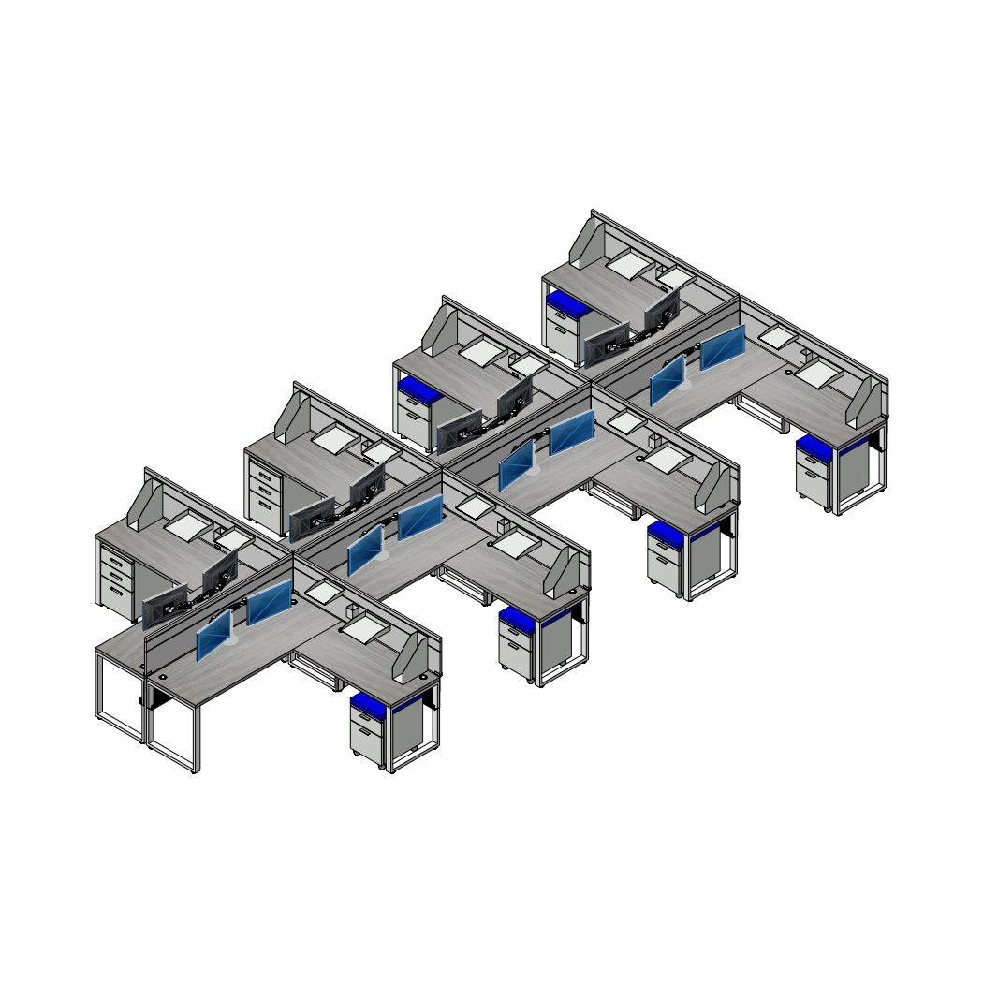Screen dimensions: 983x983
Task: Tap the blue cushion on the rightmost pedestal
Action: pyautogui.click(x=814, y=447)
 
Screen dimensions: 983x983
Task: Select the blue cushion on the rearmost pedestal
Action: pyautogui.click(x=565, y=302)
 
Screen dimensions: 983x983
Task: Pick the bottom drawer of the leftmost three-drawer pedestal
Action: pyautogui.click(x=117, y=591)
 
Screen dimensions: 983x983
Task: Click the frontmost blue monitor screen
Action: pyautogui.click(x=214, y=636)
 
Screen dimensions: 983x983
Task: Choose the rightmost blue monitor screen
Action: pyautogui.click(x=723, y=347)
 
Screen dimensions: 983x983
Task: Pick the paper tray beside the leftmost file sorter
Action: pyautogui.click(x=188, y=525)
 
